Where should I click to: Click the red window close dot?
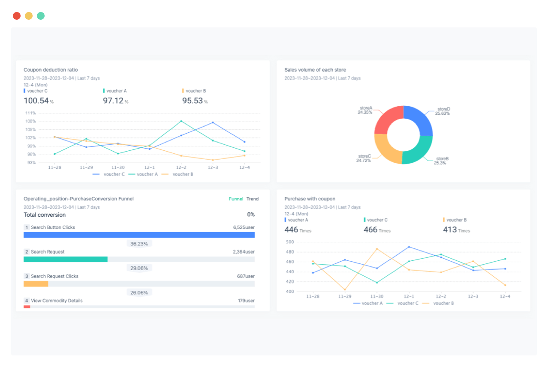point(17,16)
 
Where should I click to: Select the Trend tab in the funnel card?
point(252,199)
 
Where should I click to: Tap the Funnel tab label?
point(236,199)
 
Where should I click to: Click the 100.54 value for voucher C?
point(36,101)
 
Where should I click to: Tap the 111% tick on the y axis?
point(30,113)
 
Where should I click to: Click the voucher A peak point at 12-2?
point(181,121)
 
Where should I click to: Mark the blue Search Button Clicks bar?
point(139,235)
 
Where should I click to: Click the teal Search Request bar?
point(65,259)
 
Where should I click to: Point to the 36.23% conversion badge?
point(139,244)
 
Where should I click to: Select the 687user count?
point(246,276)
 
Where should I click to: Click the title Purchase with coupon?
point(310,199)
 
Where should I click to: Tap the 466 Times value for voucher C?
point(370,230)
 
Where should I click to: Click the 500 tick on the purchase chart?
point(290,242)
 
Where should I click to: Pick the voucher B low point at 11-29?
point(345,289)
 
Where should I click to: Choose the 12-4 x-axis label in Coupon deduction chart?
point(244,167)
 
